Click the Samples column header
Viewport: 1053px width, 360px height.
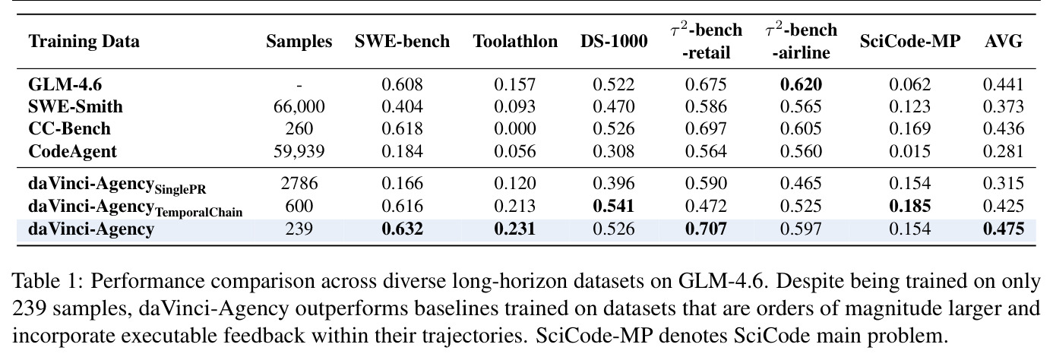[x=299, y=41]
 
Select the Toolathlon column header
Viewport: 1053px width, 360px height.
[x=515, y=41]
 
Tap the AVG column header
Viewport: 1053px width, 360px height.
[x=1004, y=41]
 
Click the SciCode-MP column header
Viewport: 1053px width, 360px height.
[x=910, y=41]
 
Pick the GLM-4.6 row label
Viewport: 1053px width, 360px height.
[x=65, y=84]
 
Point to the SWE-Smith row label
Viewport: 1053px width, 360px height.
[x=75, y=106]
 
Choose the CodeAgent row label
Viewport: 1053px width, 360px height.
[x=72, y=152]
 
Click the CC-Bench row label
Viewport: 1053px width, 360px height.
[x=69, y=129]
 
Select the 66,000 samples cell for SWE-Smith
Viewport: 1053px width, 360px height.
[x=299, y=107]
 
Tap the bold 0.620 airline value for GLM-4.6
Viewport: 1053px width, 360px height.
[x=801, y=84]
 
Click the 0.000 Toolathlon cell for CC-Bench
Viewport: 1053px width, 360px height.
[x=515, y=129]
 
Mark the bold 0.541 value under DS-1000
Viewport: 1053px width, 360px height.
[x=613, y=206]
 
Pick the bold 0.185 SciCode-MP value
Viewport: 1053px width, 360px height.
[x=910, y=206]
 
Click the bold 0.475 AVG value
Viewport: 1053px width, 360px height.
[x=1004, y=229]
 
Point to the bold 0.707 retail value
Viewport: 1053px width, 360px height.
[x=706, y=229]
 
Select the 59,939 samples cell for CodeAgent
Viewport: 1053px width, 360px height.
[x=299, y=152]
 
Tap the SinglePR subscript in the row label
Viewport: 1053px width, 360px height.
[x=180, y=189]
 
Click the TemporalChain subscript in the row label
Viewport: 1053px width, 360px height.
[x=198, y=213]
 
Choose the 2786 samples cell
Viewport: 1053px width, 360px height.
[x=299, y=183]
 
